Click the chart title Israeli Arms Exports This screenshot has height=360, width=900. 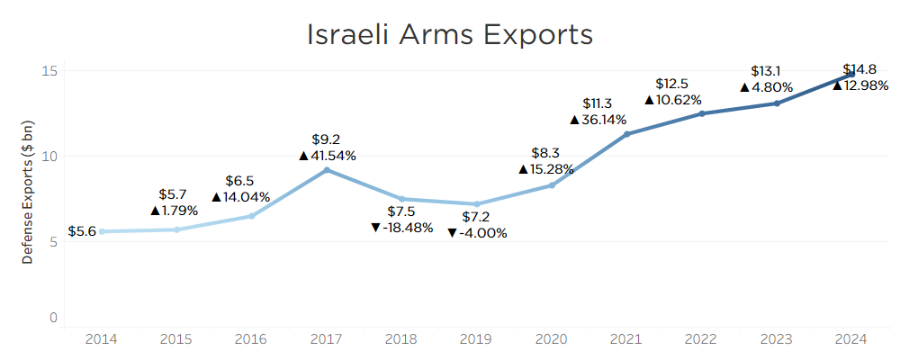(450, 34)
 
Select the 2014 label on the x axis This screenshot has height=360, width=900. (101, 339)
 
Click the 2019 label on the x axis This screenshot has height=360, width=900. (476, 339)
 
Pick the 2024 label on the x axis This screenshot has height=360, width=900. (851, 339)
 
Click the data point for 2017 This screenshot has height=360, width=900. (327, 170)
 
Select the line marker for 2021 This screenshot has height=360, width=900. (626, 134)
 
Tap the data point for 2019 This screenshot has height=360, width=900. (476, 204)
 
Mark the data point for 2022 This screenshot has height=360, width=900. (702, 113)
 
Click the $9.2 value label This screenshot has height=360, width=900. (326, 139)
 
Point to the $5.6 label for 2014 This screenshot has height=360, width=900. (82, 231)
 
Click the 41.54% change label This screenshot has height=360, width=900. (333, 156)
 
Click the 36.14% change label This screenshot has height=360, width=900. (604, 119)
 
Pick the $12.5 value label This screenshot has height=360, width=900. (671, 84)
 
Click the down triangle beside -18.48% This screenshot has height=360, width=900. (375, 228)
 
